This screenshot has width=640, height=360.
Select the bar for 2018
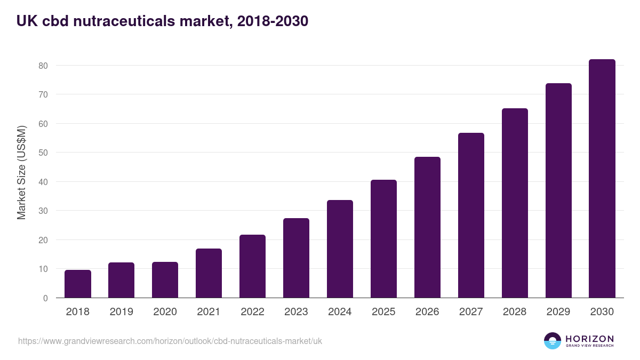78,284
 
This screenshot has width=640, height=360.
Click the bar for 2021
209,273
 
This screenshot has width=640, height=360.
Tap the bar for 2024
340,249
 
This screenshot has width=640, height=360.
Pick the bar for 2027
471,215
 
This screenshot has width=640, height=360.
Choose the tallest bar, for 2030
602,178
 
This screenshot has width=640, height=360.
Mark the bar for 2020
165,279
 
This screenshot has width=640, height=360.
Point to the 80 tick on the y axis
43,66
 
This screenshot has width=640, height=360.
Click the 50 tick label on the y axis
43,153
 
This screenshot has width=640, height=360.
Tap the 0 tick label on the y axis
45,298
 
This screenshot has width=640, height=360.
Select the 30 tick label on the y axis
43,211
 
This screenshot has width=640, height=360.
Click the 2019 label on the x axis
121,312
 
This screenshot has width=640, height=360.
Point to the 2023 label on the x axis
296,312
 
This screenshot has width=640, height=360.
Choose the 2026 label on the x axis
427,312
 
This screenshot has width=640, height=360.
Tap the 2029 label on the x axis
558,312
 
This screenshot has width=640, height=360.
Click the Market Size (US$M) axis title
21,172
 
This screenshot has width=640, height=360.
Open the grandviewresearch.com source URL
170,341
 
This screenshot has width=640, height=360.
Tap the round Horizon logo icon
553,341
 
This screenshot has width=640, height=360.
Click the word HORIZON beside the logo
589,338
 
